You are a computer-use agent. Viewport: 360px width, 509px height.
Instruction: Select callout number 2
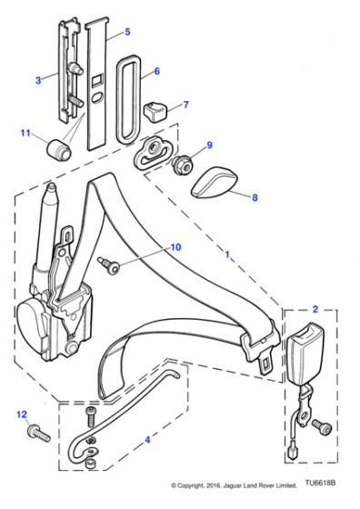coord(315,308)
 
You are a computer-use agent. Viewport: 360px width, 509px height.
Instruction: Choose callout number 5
coord(126,32)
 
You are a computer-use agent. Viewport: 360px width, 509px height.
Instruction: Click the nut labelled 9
coord(182,163)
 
